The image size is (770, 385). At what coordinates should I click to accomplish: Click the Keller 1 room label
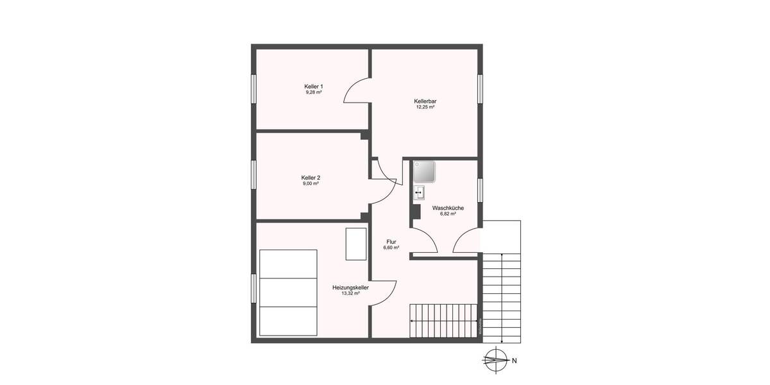tap(314, 87)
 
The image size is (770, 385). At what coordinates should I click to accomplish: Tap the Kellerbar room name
tap(425, 101)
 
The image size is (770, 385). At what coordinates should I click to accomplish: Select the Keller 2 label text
tap(311, 178)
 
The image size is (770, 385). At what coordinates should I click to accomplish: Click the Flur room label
tap(391, 242)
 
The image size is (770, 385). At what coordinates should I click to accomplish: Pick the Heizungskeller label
tap(350, 287)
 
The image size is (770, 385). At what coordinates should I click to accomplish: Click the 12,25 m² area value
tap(425, 108)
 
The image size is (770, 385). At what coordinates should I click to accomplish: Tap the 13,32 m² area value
tap(350, 294)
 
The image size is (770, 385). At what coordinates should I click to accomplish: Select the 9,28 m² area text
tap(314, 93)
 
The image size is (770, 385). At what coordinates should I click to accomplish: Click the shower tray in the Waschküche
tap(424, 172)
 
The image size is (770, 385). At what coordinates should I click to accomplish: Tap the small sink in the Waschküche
tap(420, 193)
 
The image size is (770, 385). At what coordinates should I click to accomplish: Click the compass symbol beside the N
tap(495, 360)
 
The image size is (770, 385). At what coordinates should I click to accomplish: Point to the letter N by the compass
tap(515, 361)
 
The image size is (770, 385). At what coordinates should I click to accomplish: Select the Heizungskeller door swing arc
tap(383, 293)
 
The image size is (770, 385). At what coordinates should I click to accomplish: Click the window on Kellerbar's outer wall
tap(480, 88)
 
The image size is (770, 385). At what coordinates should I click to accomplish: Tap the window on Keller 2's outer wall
tap(253, 176)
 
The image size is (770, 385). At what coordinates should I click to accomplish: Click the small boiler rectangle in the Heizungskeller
tap(355, 244)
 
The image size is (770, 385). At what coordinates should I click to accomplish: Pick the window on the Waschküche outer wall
tap(480, 190)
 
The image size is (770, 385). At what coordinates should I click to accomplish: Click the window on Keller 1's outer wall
tap(253, 88)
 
